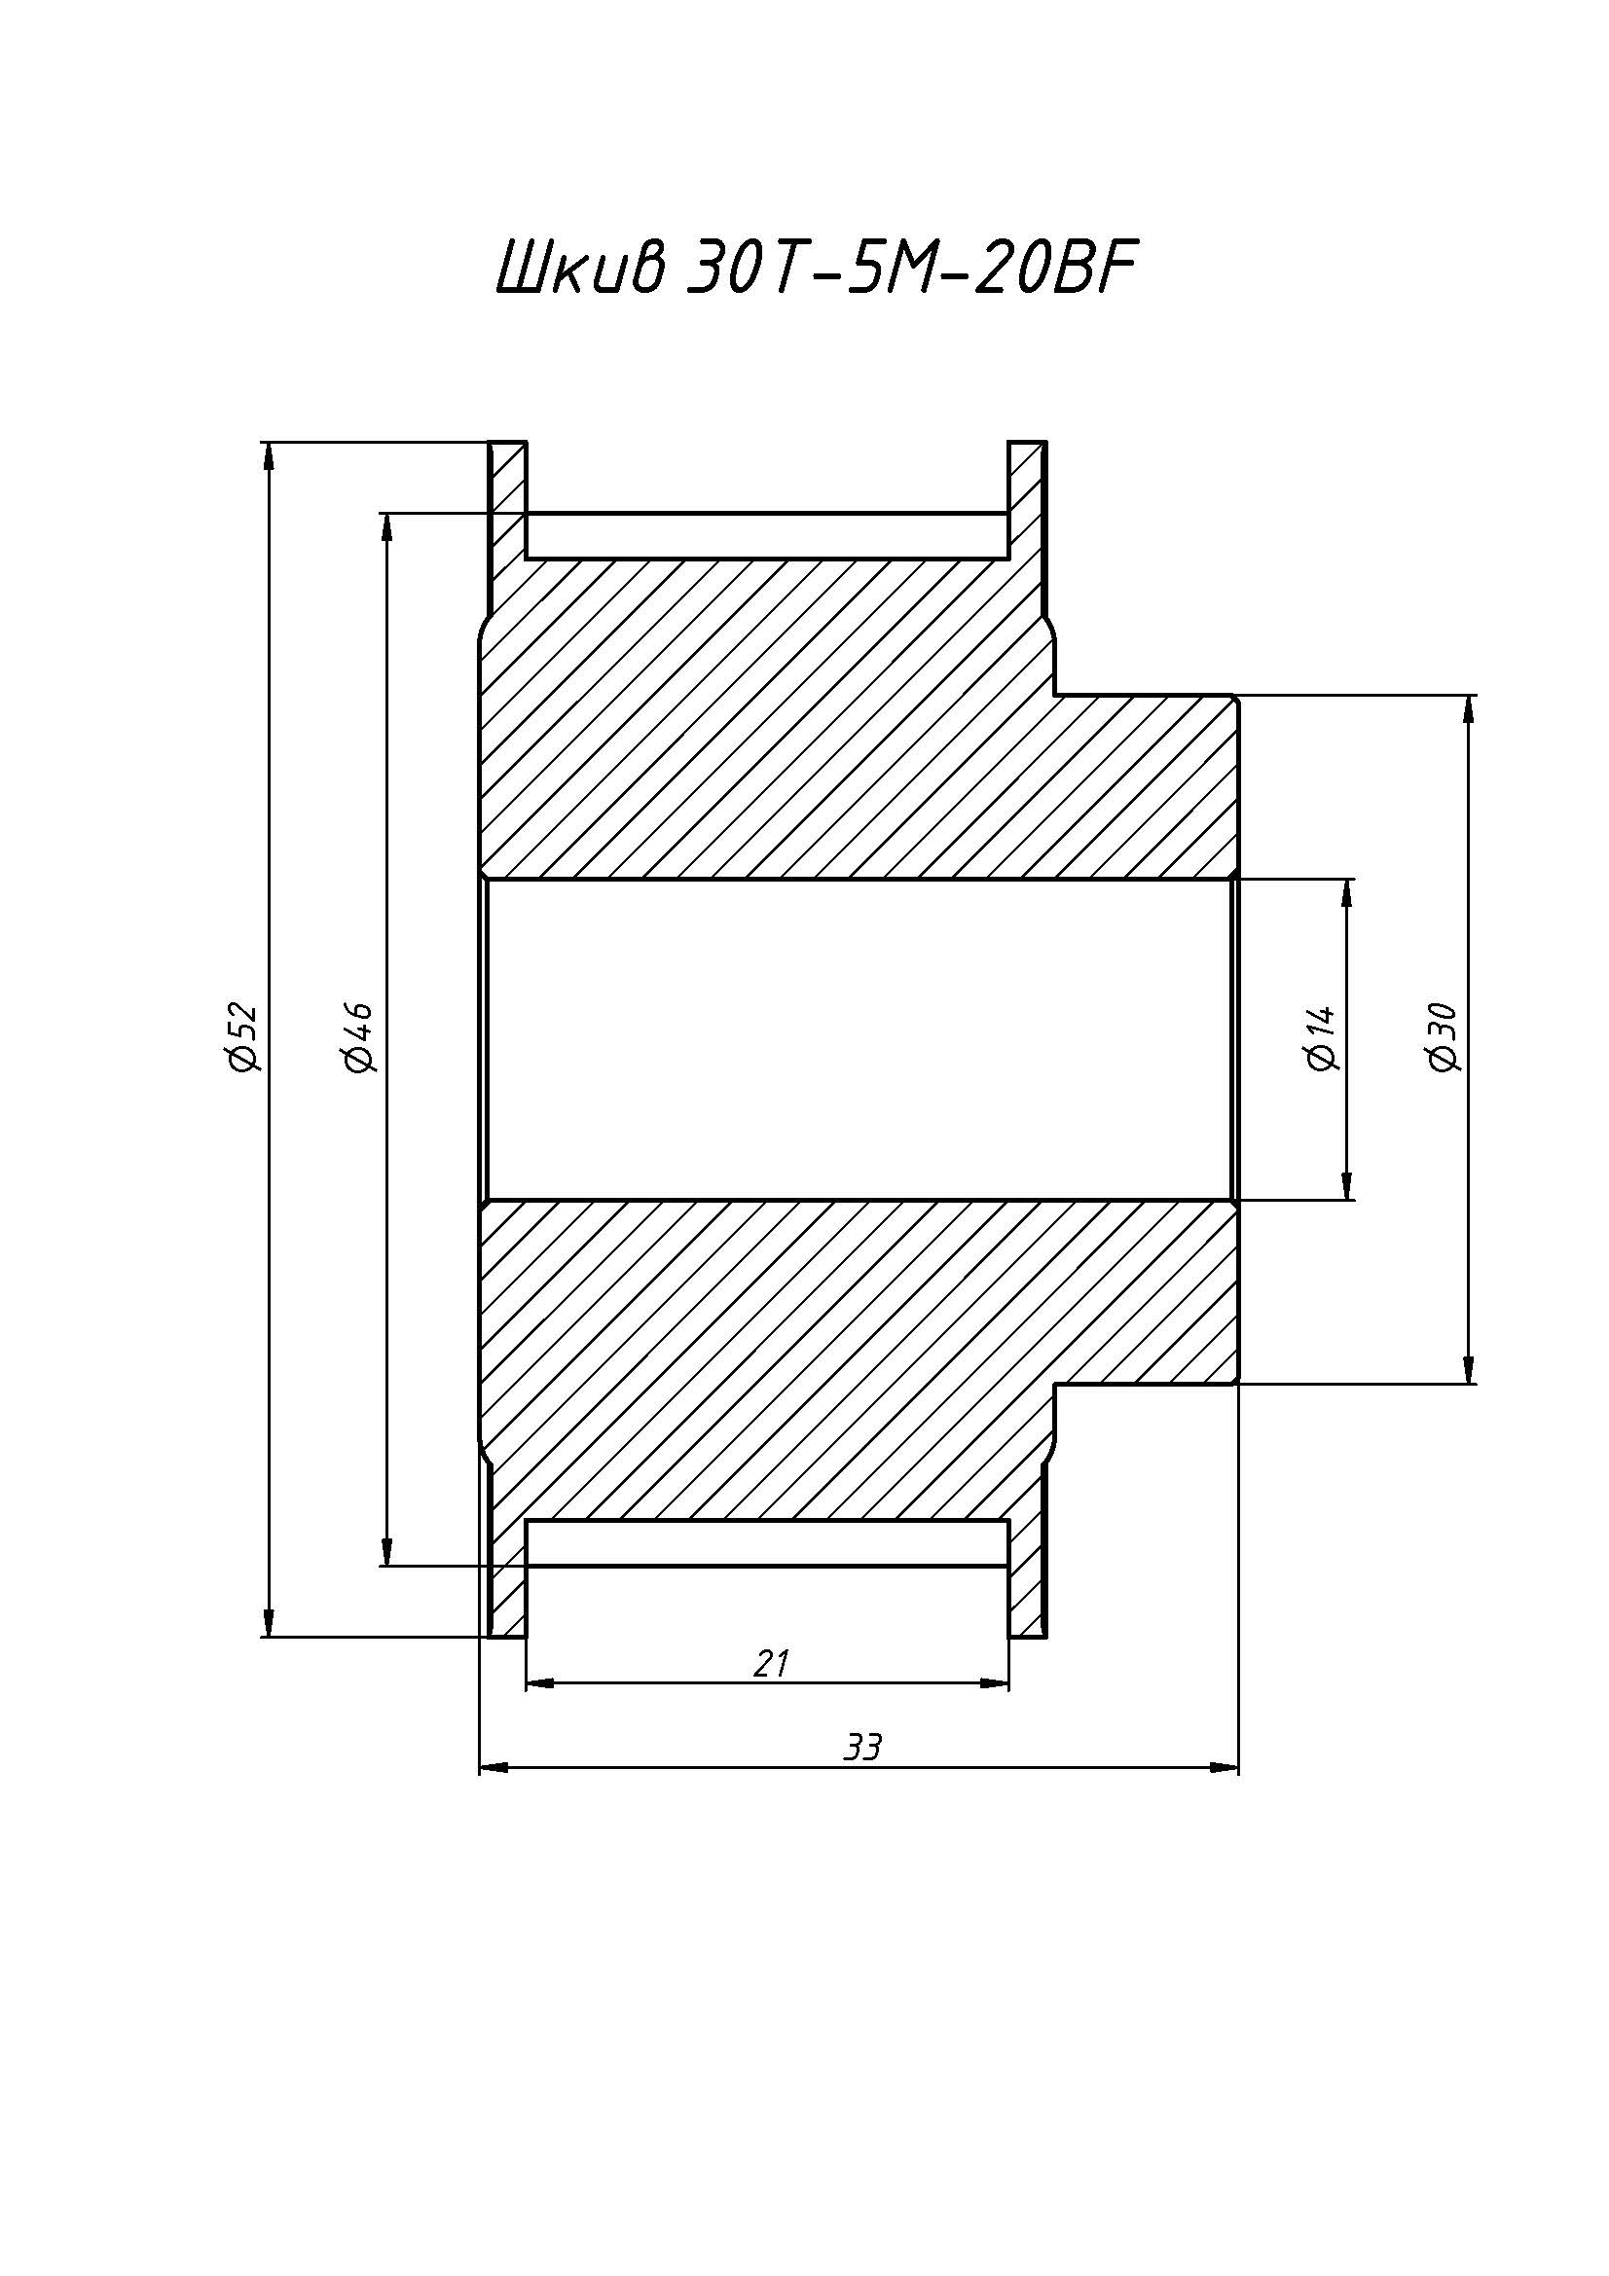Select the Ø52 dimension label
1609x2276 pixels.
point(242,1038)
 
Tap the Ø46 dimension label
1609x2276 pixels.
point(357,1037)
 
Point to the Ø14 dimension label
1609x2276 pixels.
point(1323,1039)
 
